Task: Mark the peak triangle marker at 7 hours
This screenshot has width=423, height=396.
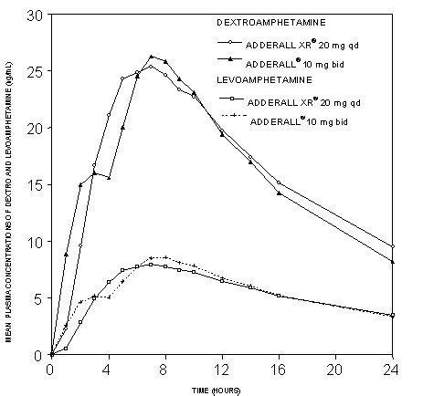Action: click(152, 57)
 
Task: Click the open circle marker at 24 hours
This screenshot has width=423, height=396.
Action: click(392, 246)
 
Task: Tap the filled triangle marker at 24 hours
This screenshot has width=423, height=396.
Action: click(392, 261)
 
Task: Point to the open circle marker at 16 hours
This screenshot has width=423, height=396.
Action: click(279, 182)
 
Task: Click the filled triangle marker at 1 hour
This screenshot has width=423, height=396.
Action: click(66, 255)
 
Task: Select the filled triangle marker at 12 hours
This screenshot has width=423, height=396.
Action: click(222, 134)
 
